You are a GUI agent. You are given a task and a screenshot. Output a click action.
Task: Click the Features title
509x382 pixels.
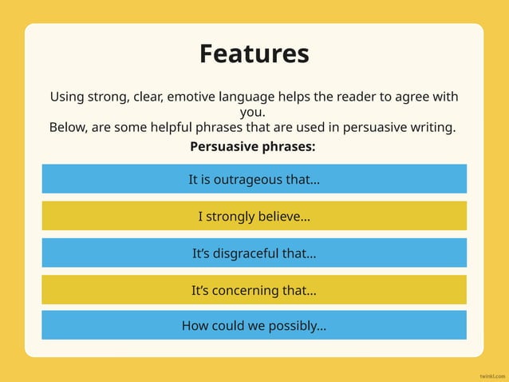coord(254,54)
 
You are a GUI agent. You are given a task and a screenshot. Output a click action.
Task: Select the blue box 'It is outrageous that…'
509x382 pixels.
coord(254,179)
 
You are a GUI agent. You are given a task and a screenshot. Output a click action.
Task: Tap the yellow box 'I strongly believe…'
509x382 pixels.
coord(254,217)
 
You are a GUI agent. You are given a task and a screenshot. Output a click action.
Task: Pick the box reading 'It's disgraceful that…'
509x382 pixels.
coord(254,253)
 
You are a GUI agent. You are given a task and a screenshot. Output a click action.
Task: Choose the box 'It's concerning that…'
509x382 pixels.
coord(254,290)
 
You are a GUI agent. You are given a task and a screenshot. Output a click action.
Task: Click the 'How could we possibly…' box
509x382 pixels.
coord(254,325)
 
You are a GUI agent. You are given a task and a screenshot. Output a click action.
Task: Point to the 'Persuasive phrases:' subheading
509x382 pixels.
coord(253,147)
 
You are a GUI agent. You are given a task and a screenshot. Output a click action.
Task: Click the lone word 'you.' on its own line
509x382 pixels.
coord(253,112)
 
